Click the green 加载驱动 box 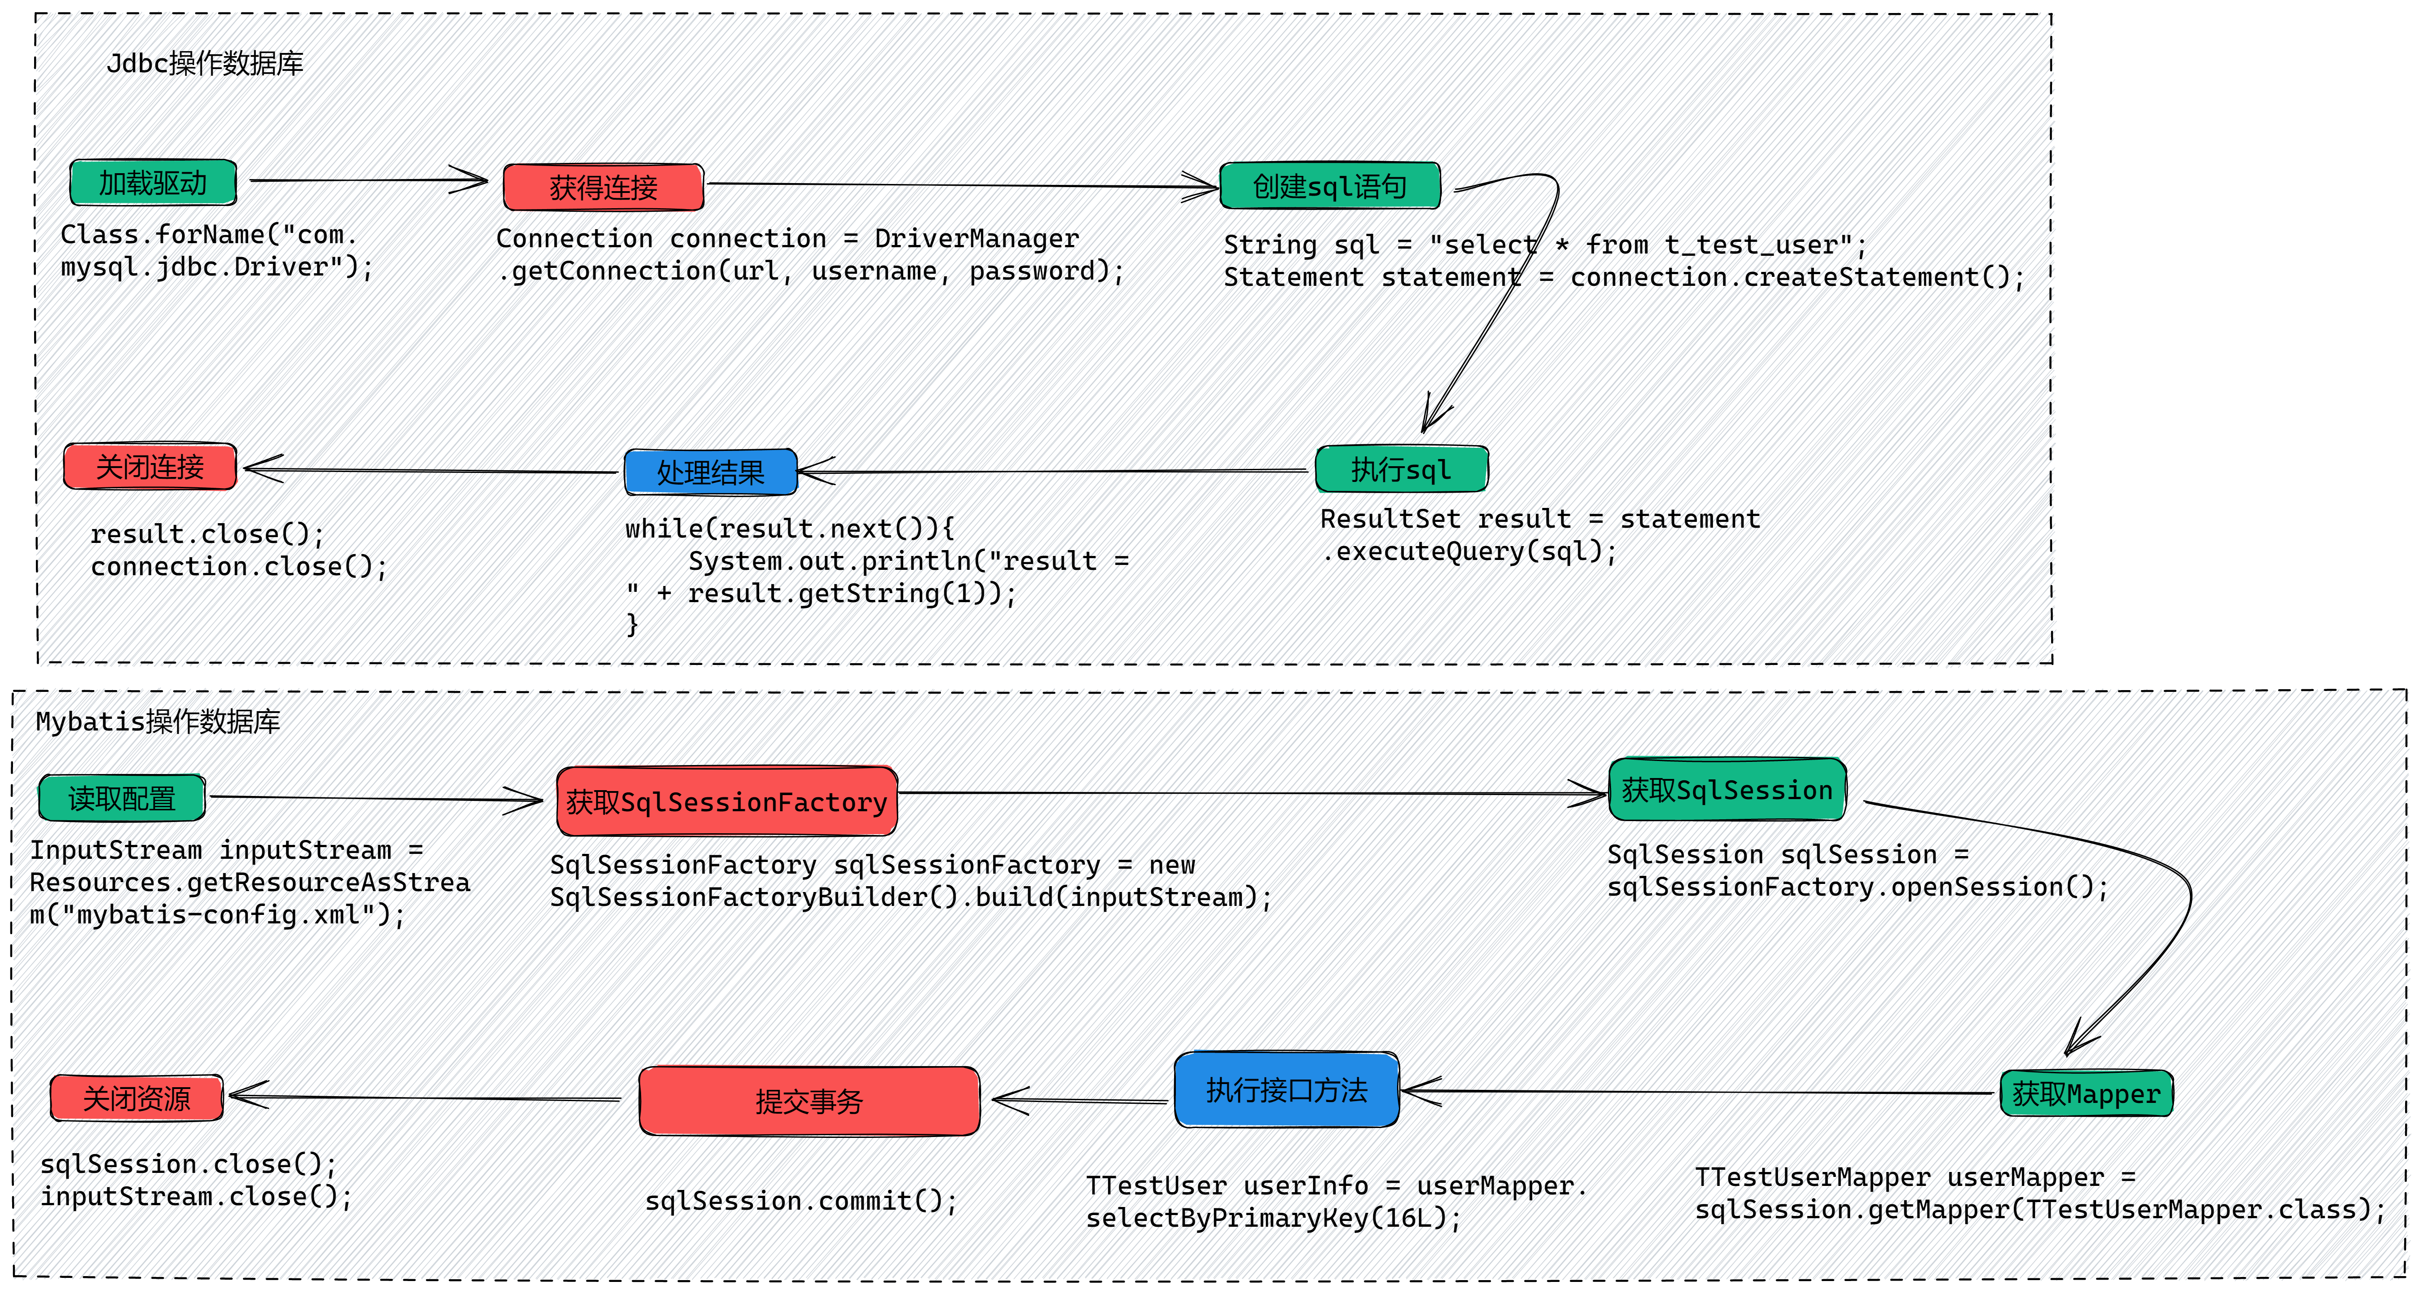pyautogui.click(x=153, y=182)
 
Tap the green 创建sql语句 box pyautogui.click(x=1330, y=186)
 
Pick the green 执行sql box pyautogui.click(x=1401, y=468)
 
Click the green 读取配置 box pyautogui.click(x=122, y=798)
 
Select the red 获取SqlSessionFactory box pyautogui.click(x=727, y=801)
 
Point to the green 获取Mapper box pyautogui.click(x=2087, y=1093)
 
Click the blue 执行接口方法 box pyautogui.click(x=1287, y=1089)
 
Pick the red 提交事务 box pyautogui.click(x=809, y=1100)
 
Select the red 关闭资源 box pyautogui.click(x=137, y=1098)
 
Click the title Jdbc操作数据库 pyautogui.click(x=205, y=63)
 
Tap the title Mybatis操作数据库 pyautogui.click(x=158, y=721)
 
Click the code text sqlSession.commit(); pyautogui.click(x=801, y=1201)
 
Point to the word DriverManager pyautogui.click(x=977, y=238)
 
